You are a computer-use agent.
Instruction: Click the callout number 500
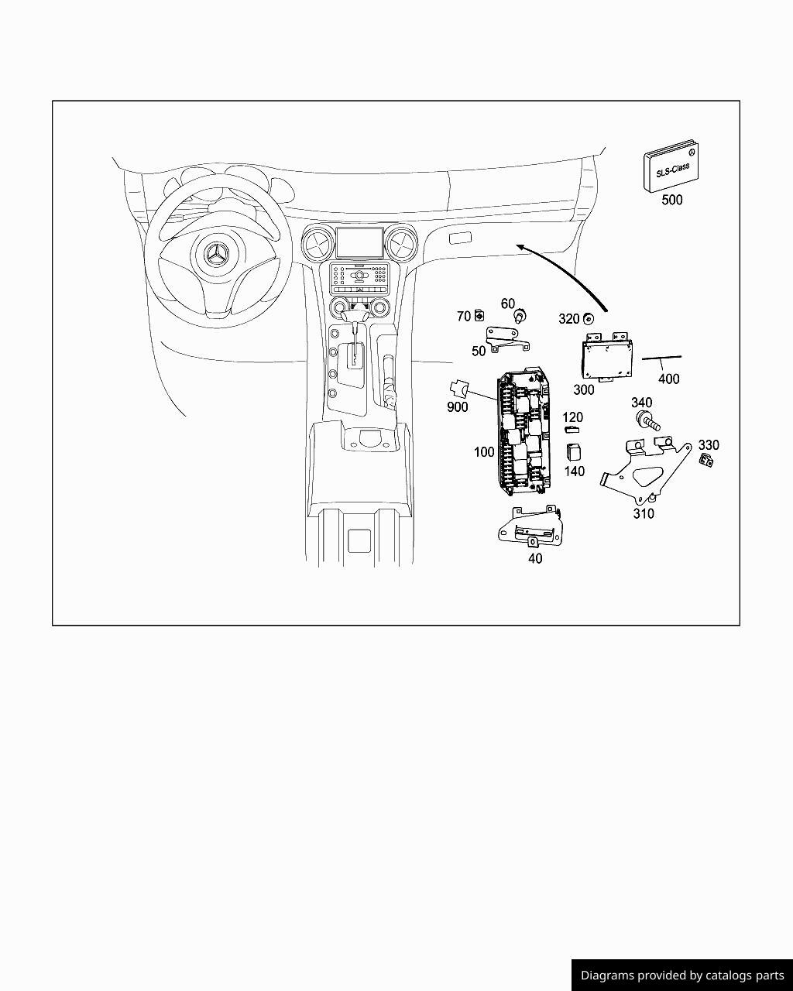672,200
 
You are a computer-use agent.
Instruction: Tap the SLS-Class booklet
671,166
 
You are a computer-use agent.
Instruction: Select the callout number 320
568,319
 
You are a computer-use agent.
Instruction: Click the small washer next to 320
589,318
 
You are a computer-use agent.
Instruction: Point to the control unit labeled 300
606,357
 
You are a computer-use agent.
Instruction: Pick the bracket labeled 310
646,471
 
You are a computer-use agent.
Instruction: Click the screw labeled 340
647,420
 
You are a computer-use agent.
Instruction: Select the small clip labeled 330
706,460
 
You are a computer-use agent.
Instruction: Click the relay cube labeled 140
573,451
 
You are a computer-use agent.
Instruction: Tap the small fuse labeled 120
572,430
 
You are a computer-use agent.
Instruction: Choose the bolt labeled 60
520,317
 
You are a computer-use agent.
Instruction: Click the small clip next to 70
479,315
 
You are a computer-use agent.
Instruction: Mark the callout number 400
668,379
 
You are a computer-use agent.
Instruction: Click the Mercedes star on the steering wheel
216,253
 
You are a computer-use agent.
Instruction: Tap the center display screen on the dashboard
359,242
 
